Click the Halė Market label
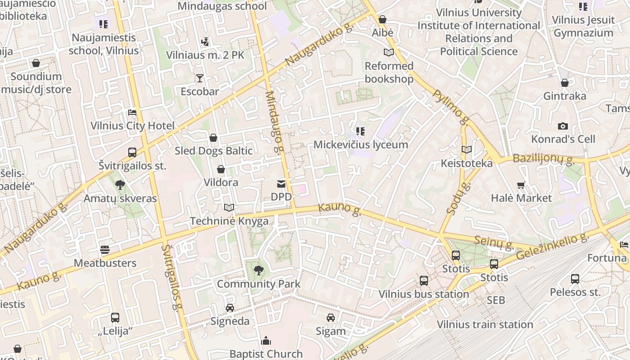[521, 198]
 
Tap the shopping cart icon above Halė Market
[521, 185]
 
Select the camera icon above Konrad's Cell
[563, 126]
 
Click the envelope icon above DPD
[281, 184]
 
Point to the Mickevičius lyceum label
[360, 144]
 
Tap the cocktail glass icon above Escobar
[199, 78]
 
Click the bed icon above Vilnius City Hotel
[132, 112]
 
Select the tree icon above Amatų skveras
[120, 185]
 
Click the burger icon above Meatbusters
[105, 250]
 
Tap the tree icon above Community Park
[258, 270]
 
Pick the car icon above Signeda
[230, 308]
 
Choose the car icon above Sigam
[331, 318]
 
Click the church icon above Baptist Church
[266, 340]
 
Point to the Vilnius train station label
[485, 324]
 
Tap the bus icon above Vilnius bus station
[423, 281]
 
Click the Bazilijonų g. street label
[542, 158]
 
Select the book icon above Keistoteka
[467, 149]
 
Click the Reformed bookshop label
[389, 72]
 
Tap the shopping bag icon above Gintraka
[565, 83]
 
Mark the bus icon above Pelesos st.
[575, 279]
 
